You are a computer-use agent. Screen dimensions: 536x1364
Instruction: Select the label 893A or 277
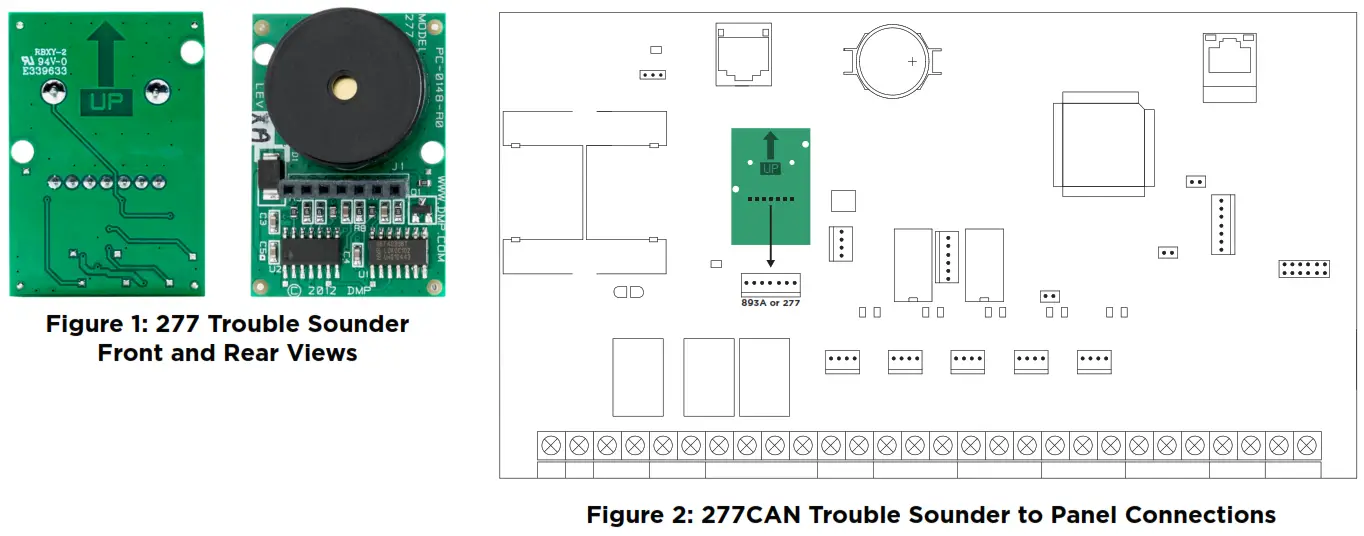(x=770, y=301)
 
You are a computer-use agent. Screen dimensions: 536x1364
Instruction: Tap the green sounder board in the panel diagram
(x=770, y=186)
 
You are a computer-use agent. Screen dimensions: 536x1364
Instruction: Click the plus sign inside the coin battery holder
(x=912, y=61)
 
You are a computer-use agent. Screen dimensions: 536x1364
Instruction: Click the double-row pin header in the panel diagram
(x=1303, y=268)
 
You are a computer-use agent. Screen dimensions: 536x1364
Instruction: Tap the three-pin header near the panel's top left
(x=653, y=74)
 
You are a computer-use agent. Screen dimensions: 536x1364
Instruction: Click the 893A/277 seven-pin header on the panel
(x=770, y=283)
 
